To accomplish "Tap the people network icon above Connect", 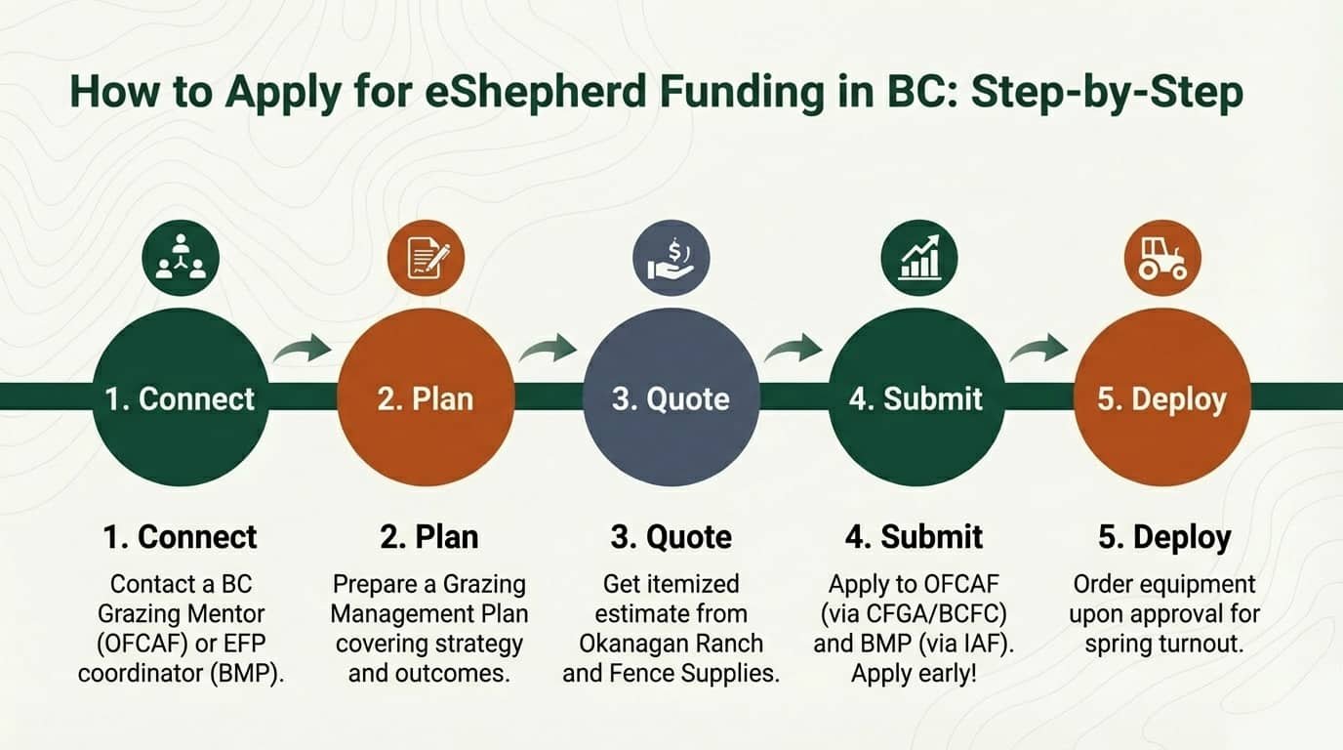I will coord(181,259).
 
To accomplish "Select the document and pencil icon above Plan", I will coord(426,259).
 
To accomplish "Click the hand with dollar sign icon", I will coord(671,259).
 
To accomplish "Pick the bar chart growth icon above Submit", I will coord(918,259).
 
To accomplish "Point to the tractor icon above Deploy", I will coord(1162,259).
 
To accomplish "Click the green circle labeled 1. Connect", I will coord(181,397).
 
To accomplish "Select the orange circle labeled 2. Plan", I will coord(426,397).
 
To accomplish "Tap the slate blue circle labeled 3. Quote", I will coord(671,397).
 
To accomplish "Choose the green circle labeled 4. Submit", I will coord(916,397).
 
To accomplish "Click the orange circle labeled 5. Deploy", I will coord(1161,397).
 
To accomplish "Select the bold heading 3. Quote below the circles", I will coord(671,537).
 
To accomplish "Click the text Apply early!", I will coord(914,674).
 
